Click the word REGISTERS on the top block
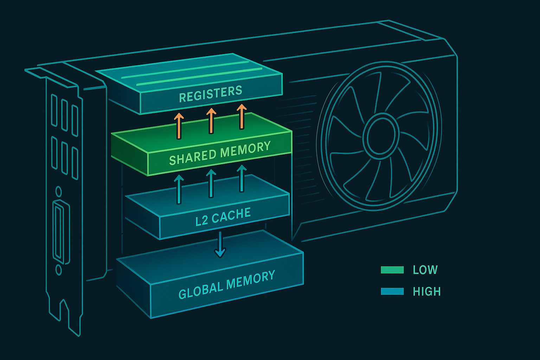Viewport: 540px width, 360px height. coord(211,94)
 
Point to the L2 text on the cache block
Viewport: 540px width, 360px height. coord(202,220)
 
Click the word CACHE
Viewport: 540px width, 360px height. coord(231,215)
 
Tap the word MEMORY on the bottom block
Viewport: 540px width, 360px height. coord(251,279)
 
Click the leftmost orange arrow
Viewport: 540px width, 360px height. coord(179,126)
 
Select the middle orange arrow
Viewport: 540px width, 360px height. coord(211,121)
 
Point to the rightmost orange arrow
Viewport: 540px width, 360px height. coord(242,116)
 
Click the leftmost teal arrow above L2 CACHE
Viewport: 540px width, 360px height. coord(179,189)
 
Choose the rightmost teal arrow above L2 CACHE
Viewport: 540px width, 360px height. coord(242,179)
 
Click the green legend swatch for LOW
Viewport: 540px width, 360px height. coord(392,270)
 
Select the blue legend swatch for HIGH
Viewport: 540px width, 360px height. coord(392,291)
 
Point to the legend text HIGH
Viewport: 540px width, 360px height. coord(427,291)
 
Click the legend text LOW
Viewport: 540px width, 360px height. coord(425,270)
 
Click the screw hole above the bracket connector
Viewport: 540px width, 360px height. coord(59,192)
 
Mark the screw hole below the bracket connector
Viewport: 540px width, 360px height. coord(59,270)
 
